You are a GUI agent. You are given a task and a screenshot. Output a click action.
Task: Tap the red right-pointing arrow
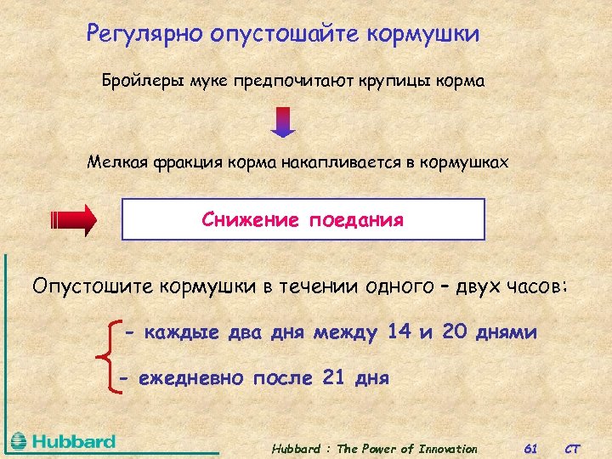[75, 219]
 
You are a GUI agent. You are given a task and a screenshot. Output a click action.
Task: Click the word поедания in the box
[356, 220]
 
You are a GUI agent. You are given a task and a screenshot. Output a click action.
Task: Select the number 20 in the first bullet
[455, 331]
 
